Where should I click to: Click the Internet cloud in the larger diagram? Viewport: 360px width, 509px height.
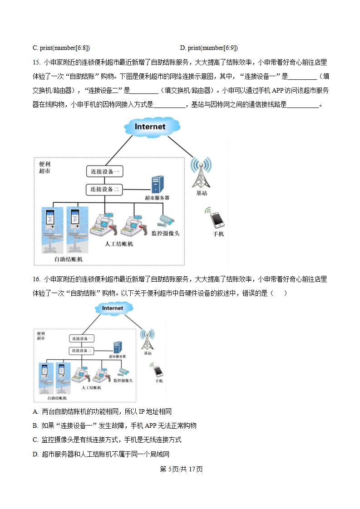(150, 127)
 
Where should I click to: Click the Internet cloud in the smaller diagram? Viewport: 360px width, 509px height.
(113, 308)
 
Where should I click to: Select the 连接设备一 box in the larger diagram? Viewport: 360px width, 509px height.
(105, 171)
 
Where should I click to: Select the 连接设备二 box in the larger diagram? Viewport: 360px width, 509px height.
(105, 189)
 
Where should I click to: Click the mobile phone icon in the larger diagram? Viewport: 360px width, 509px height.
(217, 220)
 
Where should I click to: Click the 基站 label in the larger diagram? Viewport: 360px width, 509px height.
(202, 193)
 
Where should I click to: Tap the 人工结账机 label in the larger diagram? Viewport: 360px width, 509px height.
(119, 244)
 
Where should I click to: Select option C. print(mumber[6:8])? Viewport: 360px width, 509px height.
(61, 48)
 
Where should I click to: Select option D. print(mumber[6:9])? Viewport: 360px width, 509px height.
(208, 48)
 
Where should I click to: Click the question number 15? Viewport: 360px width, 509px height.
(36, 63)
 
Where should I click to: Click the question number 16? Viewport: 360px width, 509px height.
(36, 279)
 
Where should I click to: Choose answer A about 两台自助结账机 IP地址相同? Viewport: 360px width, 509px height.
(102, 411)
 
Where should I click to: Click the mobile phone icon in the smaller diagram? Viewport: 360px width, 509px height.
(158, 371)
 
